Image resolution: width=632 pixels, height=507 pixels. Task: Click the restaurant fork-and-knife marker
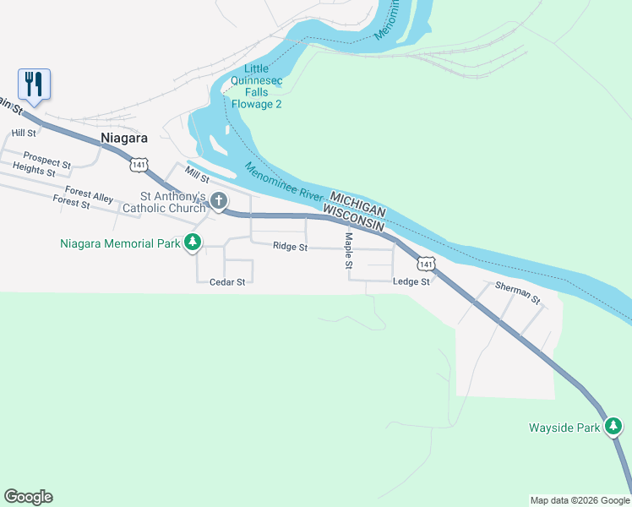pyautogui.click(x=34, y=84)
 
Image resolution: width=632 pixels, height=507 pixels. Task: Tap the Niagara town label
pyautogui.click(x=123, y=138)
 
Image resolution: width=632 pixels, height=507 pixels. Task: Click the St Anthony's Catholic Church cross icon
pyautogui.click(x=219, y=200)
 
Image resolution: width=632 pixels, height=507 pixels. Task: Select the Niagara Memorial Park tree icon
pyautogui.click(x=193, y=243)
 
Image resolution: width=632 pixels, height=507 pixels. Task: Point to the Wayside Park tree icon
pyautogui.click(x=614, y=428)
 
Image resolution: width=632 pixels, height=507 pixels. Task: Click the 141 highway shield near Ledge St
pyautogui.click(x=427, y=264)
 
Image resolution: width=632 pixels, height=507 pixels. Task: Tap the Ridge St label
pyautogui.click(x=290, y=247)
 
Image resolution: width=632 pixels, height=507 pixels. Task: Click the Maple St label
pyautogui.click(x=347, y=252)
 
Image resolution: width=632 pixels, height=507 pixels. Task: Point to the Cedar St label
pyautogui.click(x=227, y=282)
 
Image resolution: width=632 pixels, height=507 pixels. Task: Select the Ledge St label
pyautogui.click(x=411, y=281)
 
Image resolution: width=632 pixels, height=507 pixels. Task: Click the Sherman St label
pyautogui.click(x=517, y=293)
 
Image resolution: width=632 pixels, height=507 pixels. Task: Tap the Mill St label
pyautogui.click(x=198, y=178)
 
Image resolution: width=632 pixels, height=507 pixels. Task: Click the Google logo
pyautogui.click(x=28, y=497)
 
